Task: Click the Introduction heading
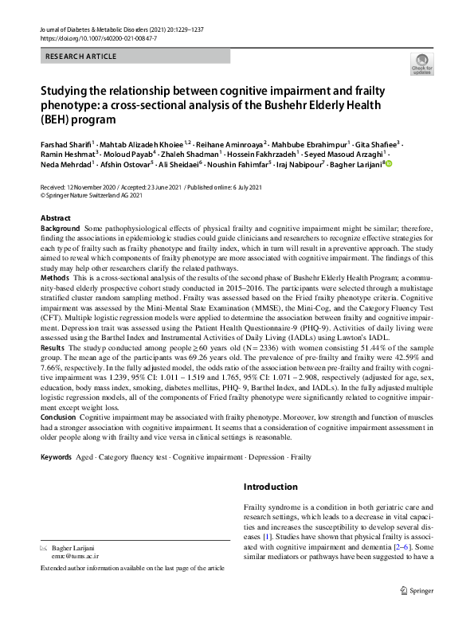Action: point(271,487)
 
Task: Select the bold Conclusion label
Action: point(58,417)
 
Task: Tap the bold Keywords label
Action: point(56,457)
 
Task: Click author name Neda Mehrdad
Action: point(65,165)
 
